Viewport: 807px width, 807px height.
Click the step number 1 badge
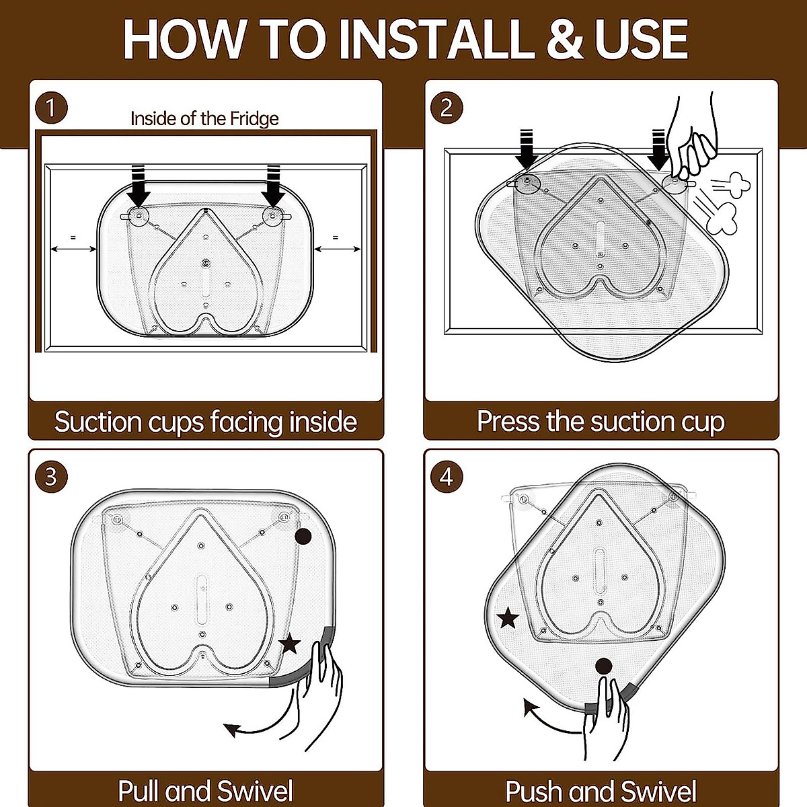[51, 108]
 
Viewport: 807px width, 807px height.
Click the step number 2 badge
[447, 108]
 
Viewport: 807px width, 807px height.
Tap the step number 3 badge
[51, 477]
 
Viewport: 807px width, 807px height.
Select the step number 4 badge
[447, 477]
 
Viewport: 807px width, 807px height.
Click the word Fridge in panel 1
[254, 119]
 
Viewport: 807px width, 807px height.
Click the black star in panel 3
[290, 644]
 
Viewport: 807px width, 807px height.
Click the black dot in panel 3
[303, 537]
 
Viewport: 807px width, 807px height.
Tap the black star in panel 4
[508, 618]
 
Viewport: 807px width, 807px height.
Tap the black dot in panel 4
[604, 666]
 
